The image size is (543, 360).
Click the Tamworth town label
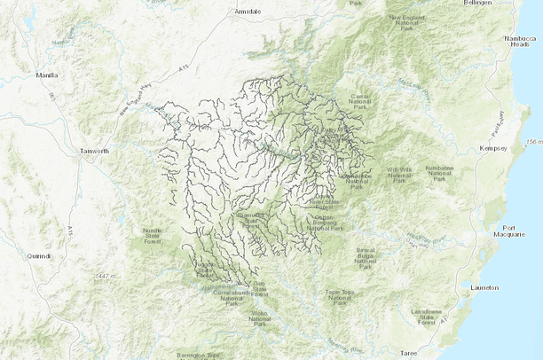click(x=93, y=151)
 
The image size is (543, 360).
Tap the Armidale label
click(x=247, y=12)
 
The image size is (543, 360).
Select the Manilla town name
click(x=48, y=76)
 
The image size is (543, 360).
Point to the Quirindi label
click(x=39, y=255)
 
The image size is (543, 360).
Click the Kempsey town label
click(x=492, y=148)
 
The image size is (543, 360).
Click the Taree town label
click(x=408, y=352)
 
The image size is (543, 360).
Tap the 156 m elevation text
click(x=532, y=142)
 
